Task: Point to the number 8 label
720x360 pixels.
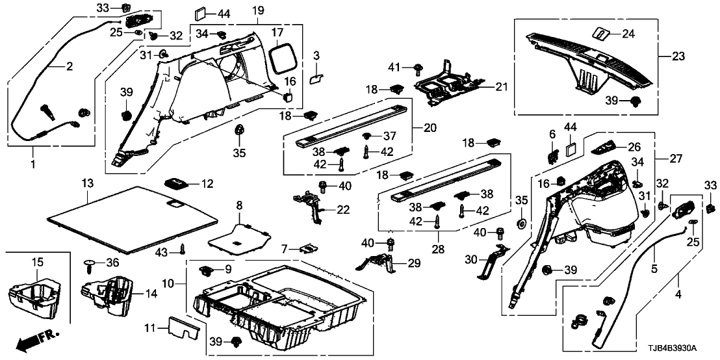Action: click(x=238, y=205)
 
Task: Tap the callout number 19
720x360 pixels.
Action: click(x=258, y=10)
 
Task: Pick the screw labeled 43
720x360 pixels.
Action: click(x=183, y=247)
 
